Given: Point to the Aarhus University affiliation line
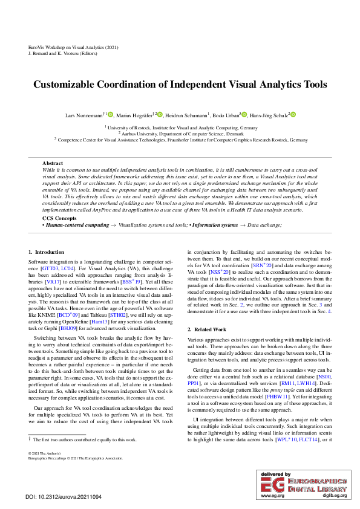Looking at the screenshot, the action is coord(180,133).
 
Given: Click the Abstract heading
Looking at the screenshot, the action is coord(53,163).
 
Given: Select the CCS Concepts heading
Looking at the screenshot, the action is coord(59,218).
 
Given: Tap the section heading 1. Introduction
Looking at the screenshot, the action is coord(47,251).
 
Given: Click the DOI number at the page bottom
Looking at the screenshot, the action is coord(64,496).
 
